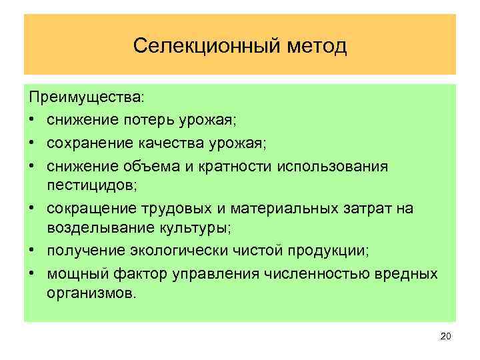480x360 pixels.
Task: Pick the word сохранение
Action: tap(90, 141)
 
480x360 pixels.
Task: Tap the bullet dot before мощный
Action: tap(33, 273)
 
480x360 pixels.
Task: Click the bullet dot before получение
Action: tap(33, 251)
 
